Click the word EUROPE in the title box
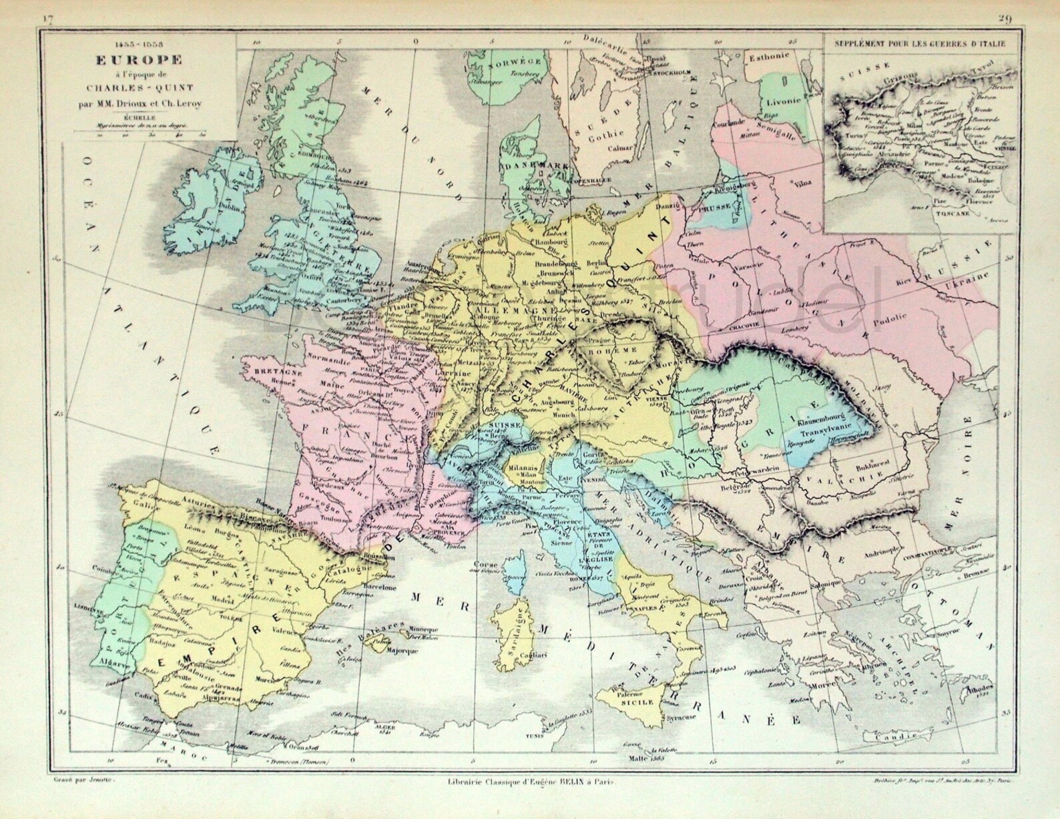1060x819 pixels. coord(140,59)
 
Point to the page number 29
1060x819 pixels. coord(1005,19)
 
